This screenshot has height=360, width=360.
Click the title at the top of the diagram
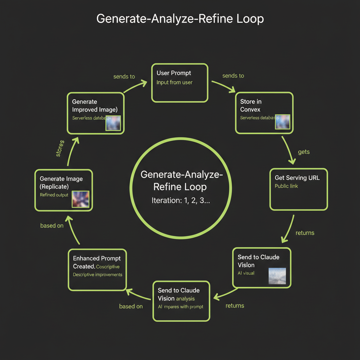coord(180,18)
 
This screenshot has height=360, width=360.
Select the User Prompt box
coord(180,83)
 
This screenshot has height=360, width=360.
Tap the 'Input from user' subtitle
coord(174,82)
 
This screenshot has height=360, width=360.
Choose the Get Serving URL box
coord(298,189)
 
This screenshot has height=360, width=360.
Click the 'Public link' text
coord(286,186)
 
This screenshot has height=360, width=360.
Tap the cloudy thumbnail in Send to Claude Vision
coord(277,276)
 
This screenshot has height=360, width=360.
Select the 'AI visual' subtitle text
coord(246,273)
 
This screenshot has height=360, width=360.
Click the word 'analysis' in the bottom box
coord(185,298)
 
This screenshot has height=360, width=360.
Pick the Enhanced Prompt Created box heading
coord(96,262)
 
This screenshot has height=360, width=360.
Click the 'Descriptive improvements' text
coord(97,275)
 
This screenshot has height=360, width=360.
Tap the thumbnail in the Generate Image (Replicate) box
coord(81,199)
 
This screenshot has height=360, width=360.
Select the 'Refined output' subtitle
coord(54,195)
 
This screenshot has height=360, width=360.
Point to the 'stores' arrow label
coord(60,148)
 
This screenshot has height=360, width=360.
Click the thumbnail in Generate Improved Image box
coord(113,123)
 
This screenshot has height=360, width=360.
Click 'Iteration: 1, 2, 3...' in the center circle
coord(181,201)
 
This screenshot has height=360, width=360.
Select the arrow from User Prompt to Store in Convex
coord(224,86)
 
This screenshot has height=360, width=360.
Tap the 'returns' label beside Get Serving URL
coord(305,233)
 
